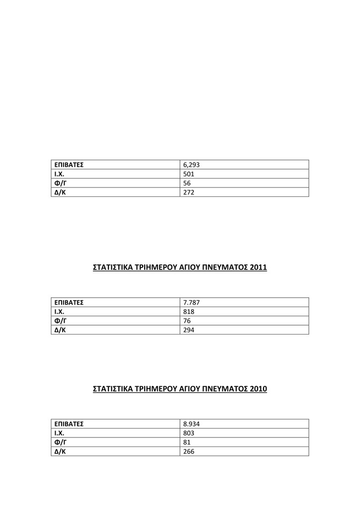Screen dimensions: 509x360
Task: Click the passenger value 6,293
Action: coord(191,165)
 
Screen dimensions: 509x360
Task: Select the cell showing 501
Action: coord(189,174)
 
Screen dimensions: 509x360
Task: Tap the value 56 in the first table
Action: coord(187,183)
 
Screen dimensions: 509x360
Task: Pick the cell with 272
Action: coord(189,192)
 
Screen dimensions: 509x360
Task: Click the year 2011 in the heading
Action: coord(259,267)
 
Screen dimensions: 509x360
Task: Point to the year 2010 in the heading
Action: coord(259,389)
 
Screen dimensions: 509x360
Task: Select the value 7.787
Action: coord(191,302)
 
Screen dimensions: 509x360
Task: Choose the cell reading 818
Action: coord(189,312)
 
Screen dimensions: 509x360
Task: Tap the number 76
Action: coord(187,321)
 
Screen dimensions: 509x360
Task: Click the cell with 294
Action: coord(189,330)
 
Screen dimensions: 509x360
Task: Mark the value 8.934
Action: coord(191,424)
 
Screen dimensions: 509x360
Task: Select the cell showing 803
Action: coord(189,433)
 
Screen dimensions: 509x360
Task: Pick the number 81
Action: coord(187,442)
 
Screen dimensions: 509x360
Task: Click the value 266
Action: coord(189,452)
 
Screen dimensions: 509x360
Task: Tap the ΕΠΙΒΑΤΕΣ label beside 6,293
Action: coord(69,165)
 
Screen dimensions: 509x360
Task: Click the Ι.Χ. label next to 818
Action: coord(60,312)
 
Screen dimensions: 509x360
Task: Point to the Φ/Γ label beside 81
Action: coord(60,442)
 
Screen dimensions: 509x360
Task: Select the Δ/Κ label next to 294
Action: coord(60,330)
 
